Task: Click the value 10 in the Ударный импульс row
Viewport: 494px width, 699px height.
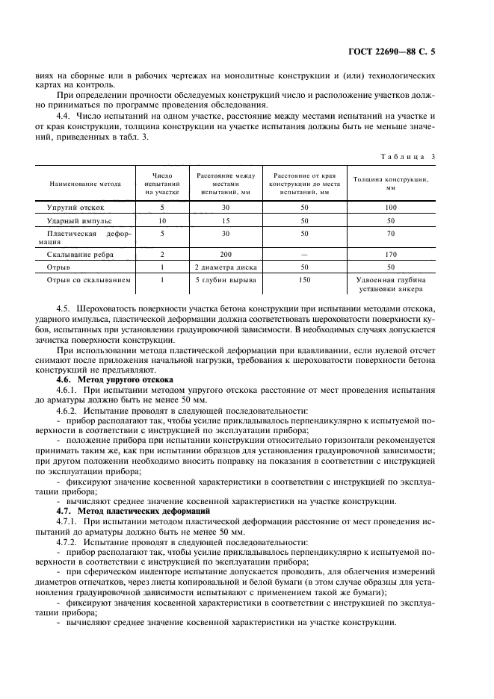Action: click(161, 222)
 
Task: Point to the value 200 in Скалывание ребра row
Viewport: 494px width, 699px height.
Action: click(225, 254)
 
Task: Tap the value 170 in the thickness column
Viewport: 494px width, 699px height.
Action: click(390, 254)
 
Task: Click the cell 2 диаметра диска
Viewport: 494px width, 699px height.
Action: click(225, 267)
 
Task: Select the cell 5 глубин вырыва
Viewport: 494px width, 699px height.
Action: click(225, 281)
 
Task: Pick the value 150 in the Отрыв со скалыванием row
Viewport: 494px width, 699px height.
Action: click(304, 281)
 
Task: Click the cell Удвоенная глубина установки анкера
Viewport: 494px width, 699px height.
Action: click(390, 285)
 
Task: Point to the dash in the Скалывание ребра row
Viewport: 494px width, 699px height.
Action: click(304, 254)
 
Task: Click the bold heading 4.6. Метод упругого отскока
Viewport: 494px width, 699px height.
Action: click(114, 380)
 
